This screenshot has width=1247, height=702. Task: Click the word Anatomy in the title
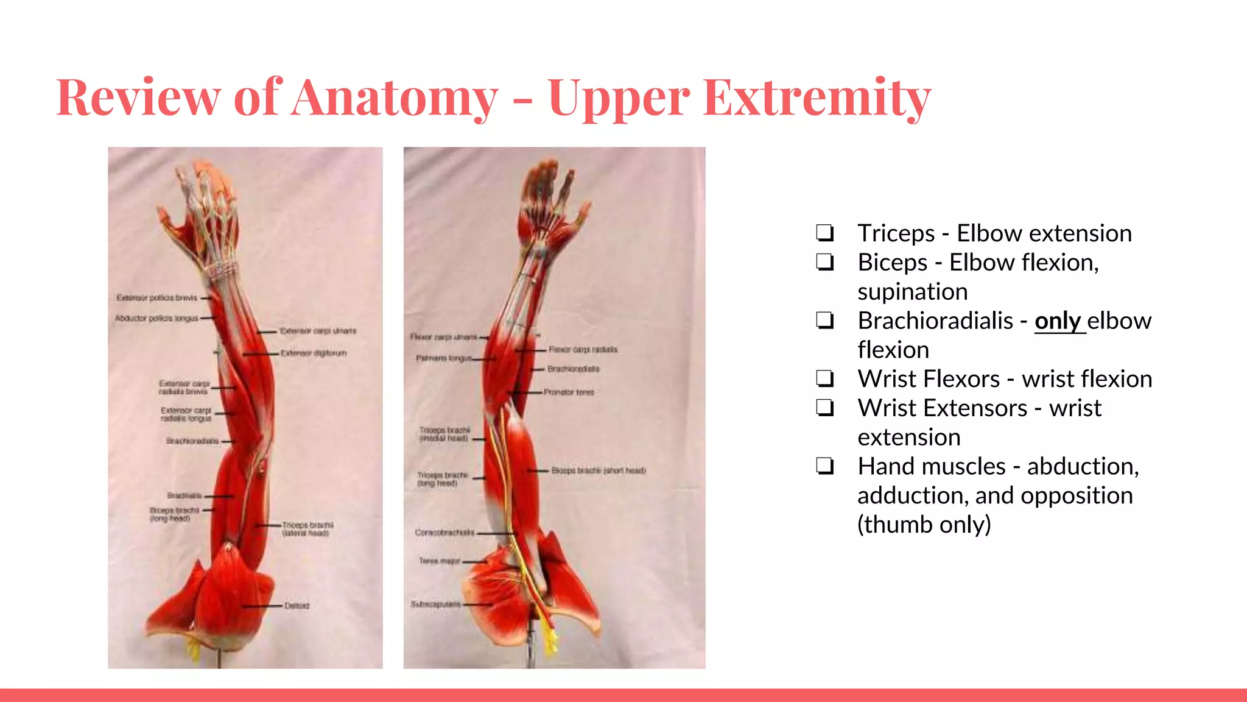click(x=395, y=97)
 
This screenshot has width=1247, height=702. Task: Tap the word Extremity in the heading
click(x=817, y=97)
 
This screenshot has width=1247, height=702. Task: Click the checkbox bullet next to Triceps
click(x=825, y=233)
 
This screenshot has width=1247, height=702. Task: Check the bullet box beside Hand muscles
click(x=825, y=466)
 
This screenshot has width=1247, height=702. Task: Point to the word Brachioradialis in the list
click(x=935, y=321)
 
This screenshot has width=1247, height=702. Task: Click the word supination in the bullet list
click(x=912, y=292)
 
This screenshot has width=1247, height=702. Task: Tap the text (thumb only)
click(x=924, y=525)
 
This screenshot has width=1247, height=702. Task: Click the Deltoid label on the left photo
click(x=297, y=606)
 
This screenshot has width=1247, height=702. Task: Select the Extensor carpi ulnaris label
click(x=318, y=331)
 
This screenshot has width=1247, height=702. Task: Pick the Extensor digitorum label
click(x=314, y=353)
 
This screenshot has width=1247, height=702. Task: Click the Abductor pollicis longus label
click(x=157, y=318)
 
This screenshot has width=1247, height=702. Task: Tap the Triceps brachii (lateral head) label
click(x=307, y=529)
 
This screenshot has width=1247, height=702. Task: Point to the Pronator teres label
click(x=569, y=392)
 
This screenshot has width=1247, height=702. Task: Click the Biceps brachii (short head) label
click(x=599, y=470)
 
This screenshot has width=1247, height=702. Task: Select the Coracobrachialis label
click(x=444, y=533)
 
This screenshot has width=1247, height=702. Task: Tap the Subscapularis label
click(x=435, y=604)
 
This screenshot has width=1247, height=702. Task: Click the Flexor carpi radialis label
click(x=583, y=350)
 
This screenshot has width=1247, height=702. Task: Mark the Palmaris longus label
click(x=444, y=358)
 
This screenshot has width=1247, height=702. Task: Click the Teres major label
click(x=440, y=561)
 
